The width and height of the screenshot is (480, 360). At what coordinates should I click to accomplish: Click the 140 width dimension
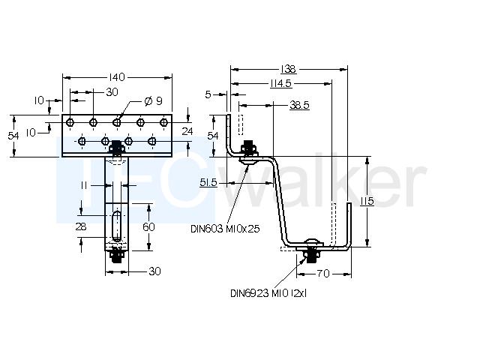pos(117,77)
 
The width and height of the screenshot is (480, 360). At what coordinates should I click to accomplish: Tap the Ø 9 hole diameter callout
pos(153,101)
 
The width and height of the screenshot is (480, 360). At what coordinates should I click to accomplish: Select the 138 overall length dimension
pos(288,70)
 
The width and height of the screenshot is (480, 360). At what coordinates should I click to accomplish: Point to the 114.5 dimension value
pos(281,83)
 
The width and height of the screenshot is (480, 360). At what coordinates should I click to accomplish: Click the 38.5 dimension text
pos(299,105)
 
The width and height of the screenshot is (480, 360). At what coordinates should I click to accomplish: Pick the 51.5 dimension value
pos(208,183)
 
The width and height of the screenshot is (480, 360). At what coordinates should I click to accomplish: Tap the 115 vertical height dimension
pos(367,201)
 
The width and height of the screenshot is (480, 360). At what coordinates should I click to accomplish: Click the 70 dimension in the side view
pos(323,273)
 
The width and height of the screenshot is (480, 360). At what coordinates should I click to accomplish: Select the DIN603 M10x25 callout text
pos(225,229)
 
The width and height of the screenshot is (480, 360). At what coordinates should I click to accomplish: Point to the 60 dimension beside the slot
pos(148,226)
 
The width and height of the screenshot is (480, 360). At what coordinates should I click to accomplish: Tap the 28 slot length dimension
pos(81,226)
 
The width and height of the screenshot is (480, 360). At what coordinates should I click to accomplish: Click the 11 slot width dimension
pos(84,185)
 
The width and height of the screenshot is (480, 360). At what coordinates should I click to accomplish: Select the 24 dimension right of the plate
pos(187,131)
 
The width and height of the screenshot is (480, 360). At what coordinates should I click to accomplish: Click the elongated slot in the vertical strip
pos(117,226)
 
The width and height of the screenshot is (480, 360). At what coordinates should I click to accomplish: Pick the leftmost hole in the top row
pos(70,122)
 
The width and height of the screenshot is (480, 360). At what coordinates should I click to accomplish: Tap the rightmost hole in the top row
pos(164,122)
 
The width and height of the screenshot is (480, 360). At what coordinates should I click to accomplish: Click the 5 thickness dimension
pos(208,94)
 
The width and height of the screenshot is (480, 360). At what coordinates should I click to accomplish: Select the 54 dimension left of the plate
pos(13,136)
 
